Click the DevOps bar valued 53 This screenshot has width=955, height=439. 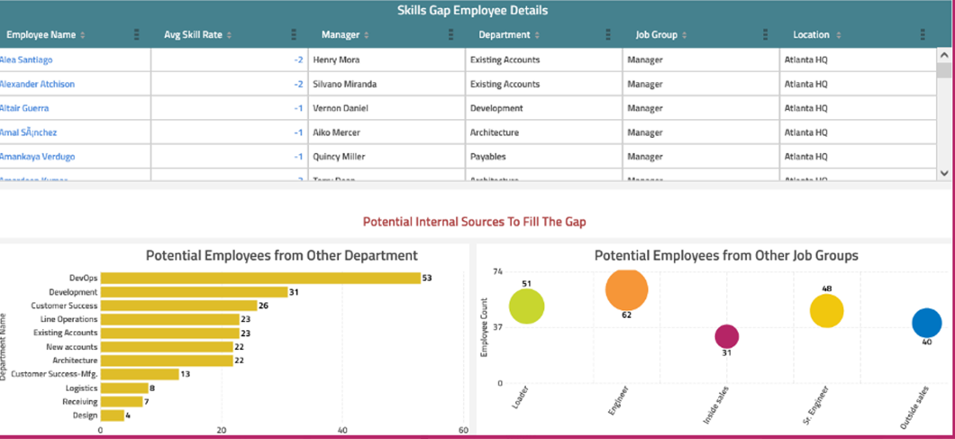tap(259, 278)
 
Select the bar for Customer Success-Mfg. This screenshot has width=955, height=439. tap(139, 373)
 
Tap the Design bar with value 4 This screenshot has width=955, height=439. tap(112, 415)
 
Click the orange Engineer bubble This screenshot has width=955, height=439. tap(627, 290)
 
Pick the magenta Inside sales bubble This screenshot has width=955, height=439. tap(727, 336)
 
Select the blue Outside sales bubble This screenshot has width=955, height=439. tap(926, 323)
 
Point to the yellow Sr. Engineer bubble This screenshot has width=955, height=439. tap(826, 311)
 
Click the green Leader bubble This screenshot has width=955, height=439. tap(526, 306)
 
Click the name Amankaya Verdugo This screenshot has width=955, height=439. tap(37, 157)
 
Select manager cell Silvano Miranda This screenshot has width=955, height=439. tap(344, 84)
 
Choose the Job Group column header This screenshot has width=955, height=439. tap(656, 35)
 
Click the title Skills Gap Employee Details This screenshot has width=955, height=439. tap(473, 11)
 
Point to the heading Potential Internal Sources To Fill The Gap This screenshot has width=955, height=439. tap(474, 221)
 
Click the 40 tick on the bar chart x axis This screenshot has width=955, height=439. tap(342, 430)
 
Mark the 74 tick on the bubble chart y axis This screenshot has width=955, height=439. tap(497, 270)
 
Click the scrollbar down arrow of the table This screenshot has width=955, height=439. tap(943, 172)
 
